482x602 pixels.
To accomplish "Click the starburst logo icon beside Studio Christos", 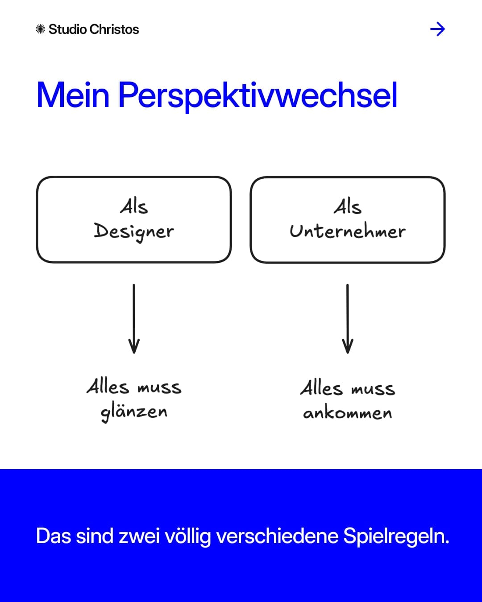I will tap(40, 29).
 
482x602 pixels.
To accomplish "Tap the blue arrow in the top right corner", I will tap(437, 29).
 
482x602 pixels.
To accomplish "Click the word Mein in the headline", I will tap(73, 95).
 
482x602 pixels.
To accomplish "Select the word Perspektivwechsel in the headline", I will tap(258, 96).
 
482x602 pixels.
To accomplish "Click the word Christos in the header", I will tap(114, 29).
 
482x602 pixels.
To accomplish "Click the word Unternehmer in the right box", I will tap(348, 231).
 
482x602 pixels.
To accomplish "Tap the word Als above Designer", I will tap(134, 207).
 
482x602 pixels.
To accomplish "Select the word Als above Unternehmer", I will tap(348, 207).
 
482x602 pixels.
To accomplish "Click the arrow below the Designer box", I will tap(134, 318).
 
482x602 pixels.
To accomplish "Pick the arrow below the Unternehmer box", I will tap(348, 318).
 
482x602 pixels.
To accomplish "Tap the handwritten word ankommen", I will tap(348, 413).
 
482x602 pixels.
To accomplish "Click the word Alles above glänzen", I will tap(108, 386).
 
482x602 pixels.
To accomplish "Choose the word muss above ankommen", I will tap(373, 389).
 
